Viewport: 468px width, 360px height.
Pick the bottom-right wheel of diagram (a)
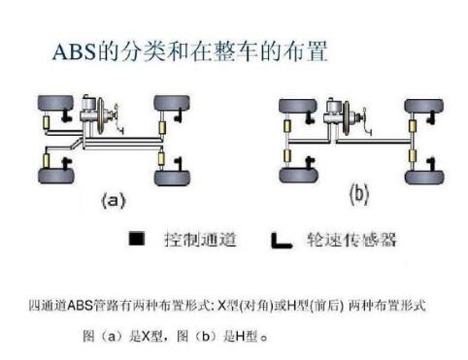171,175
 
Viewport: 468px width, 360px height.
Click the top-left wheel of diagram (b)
295,104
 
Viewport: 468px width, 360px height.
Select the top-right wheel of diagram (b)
421,104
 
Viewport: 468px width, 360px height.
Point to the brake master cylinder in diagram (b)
339,113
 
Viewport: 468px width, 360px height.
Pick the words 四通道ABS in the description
61,306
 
